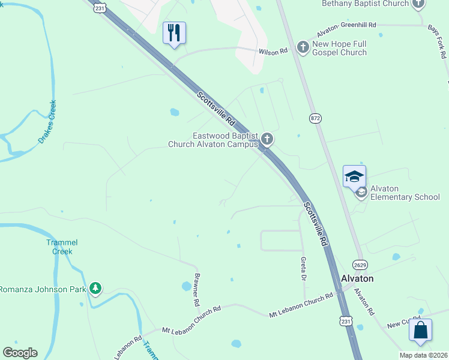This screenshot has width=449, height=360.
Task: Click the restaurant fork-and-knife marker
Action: point(174,33)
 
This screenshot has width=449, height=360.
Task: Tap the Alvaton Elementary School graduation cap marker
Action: point(354,176)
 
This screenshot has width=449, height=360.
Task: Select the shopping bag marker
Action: point(420,330)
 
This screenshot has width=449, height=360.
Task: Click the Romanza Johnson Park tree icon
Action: point(95,289)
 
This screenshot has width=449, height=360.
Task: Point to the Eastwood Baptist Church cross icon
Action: point(267,140)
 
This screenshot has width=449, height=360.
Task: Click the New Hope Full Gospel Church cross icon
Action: point(303,47)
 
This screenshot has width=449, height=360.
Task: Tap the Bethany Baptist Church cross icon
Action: point(418,4)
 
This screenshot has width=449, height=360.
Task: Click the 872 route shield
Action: point(316,118)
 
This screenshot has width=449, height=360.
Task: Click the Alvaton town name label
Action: point(357,278)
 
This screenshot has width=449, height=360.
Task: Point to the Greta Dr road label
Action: point(304,269)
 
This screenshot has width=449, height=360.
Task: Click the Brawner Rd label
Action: point(196,290)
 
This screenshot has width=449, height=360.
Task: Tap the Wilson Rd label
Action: point(273,52)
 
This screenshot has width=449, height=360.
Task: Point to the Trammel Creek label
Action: point(62,247)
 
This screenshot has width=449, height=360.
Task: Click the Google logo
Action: point(20,353)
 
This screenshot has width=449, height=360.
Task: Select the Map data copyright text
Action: point(423,355)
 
